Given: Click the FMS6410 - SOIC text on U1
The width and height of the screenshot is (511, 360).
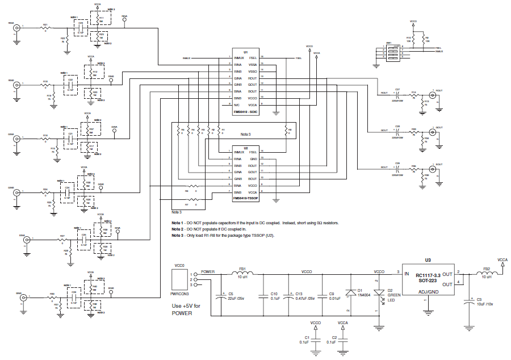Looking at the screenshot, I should point(245,112).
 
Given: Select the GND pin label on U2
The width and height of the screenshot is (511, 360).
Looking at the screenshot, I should point(253,158).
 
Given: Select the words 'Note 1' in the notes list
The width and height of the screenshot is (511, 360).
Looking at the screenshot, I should point(178,223).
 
